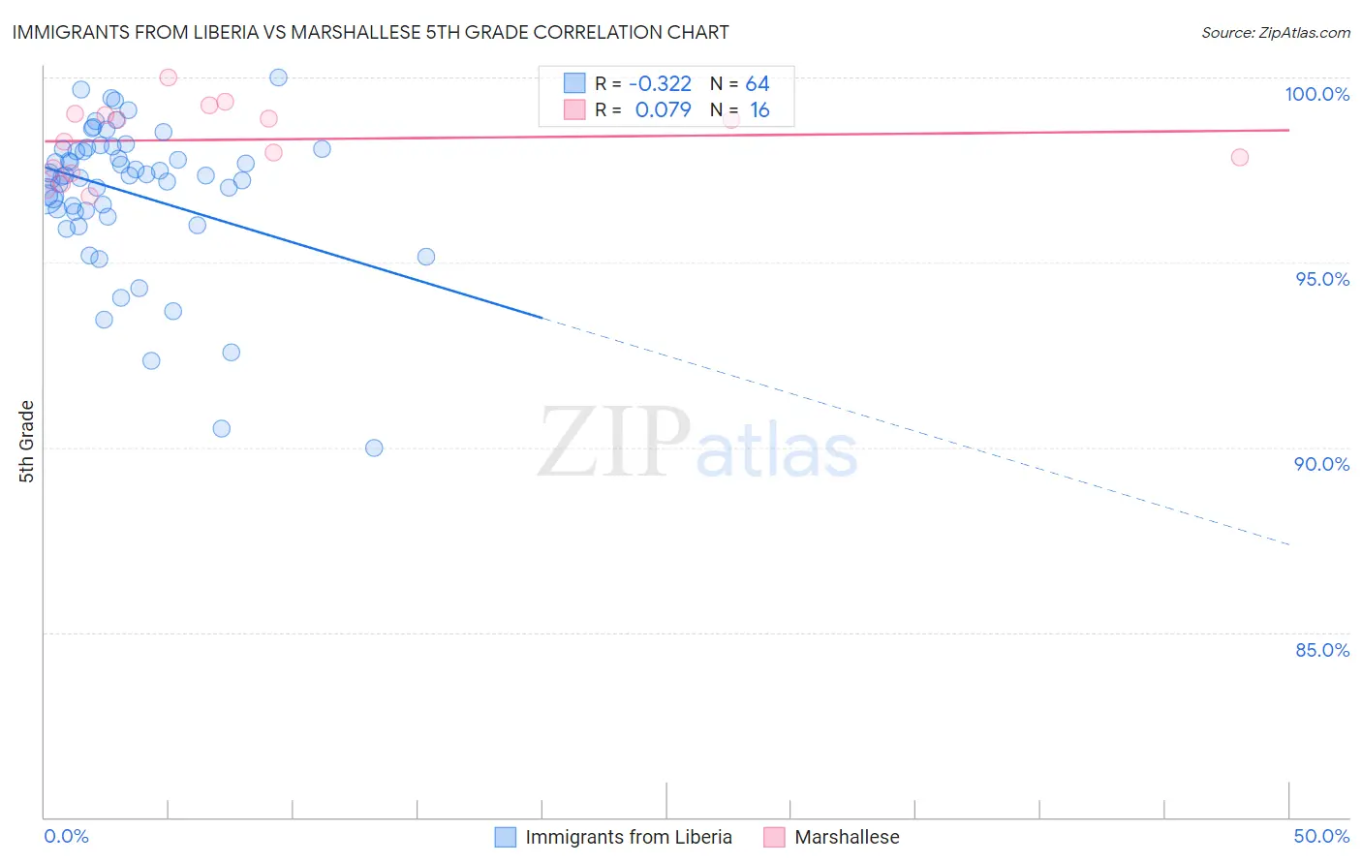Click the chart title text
pyautogui.click(x=370, y=32)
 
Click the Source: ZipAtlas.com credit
pyautogui.click(x=1275, y=32)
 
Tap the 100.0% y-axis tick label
pyautogui.click(x=1316, y=94)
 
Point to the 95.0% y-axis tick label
pyautogui.click(x=1322, y=279)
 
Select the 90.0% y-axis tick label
pyautogui.click(x=1322, y=464)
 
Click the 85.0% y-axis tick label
pyautogui.click(x=1322, y=650)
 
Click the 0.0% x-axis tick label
pyautogui.click(x=66, y=836)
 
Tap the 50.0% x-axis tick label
pyautogui.click(x=1321, y=836)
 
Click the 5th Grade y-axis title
pyautogui.click(x=27, y=442)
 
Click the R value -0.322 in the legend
pyautogui.click(x=660, y=84)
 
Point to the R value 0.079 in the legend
pyautogui.click(x=663, y=110)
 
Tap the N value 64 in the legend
pyautogui.click(x=758, y=84)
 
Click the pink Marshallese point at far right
pyautogui.click(x=1239, y=157)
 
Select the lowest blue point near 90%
pyautogui.click(x=374, y=447)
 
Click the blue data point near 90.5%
pyautogui.click(x=222, y=428)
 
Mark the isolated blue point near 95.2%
pyautogui.click(x=426, y=257)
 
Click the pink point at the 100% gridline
pyautogui.click(x=169, y=77)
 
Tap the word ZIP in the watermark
pyautogui.click(x=613, y=443)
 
